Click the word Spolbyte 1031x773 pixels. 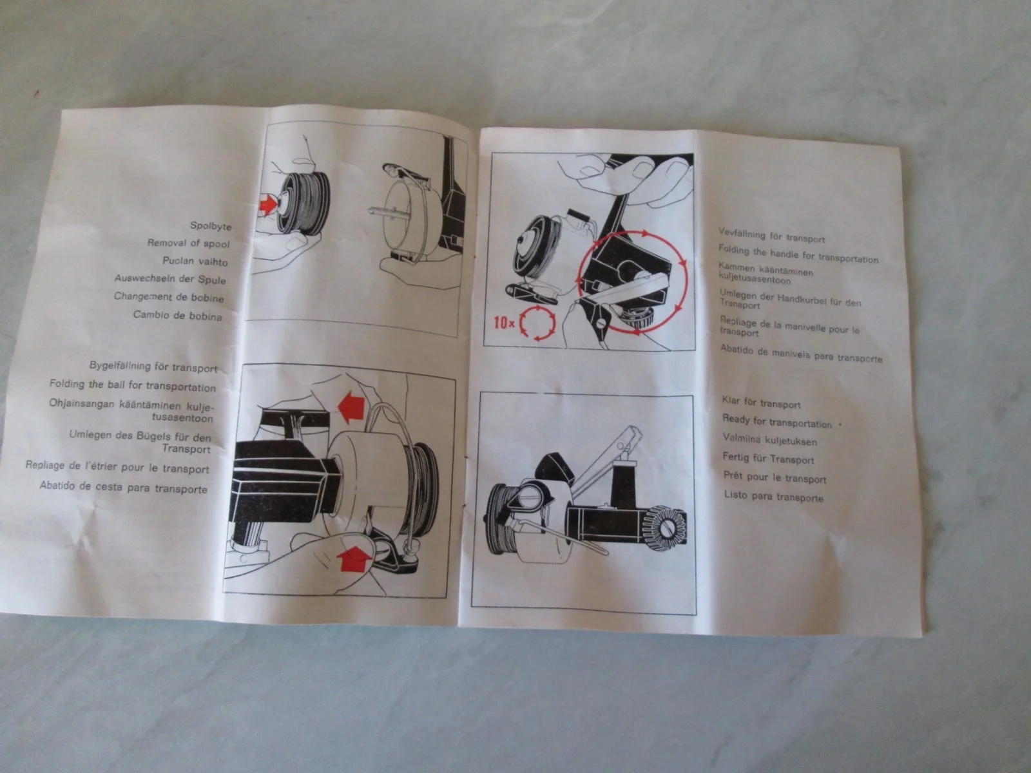(x=211, y=225)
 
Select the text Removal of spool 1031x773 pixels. (x=188, y=243)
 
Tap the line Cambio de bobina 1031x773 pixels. (x=177, y=316)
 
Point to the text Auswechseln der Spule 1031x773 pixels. (x=170, y=280)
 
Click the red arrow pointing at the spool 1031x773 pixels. (x=267, y=204)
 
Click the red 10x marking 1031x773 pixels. (x=503, y=323)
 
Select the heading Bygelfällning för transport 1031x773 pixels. (x=153, y=367)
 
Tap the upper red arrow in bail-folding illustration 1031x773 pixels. (x=351, y=406)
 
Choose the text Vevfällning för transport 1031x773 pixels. (x=771, y=236)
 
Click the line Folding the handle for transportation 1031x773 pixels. (x=798, y=254)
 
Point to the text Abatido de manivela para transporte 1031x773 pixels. (x=802, y=354)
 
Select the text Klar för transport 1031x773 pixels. (x=761, y=402)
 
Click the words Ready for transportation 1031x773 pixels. (x=777, y=421)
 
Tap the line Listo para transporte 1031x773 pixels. (x=774, y=496)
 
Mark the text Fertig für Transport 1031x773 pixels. (x=769, y=458)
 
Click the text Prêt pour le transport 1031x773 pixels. (x=775, y=477)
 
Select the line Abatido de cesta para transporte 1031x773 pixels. (x=124, y=487)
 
